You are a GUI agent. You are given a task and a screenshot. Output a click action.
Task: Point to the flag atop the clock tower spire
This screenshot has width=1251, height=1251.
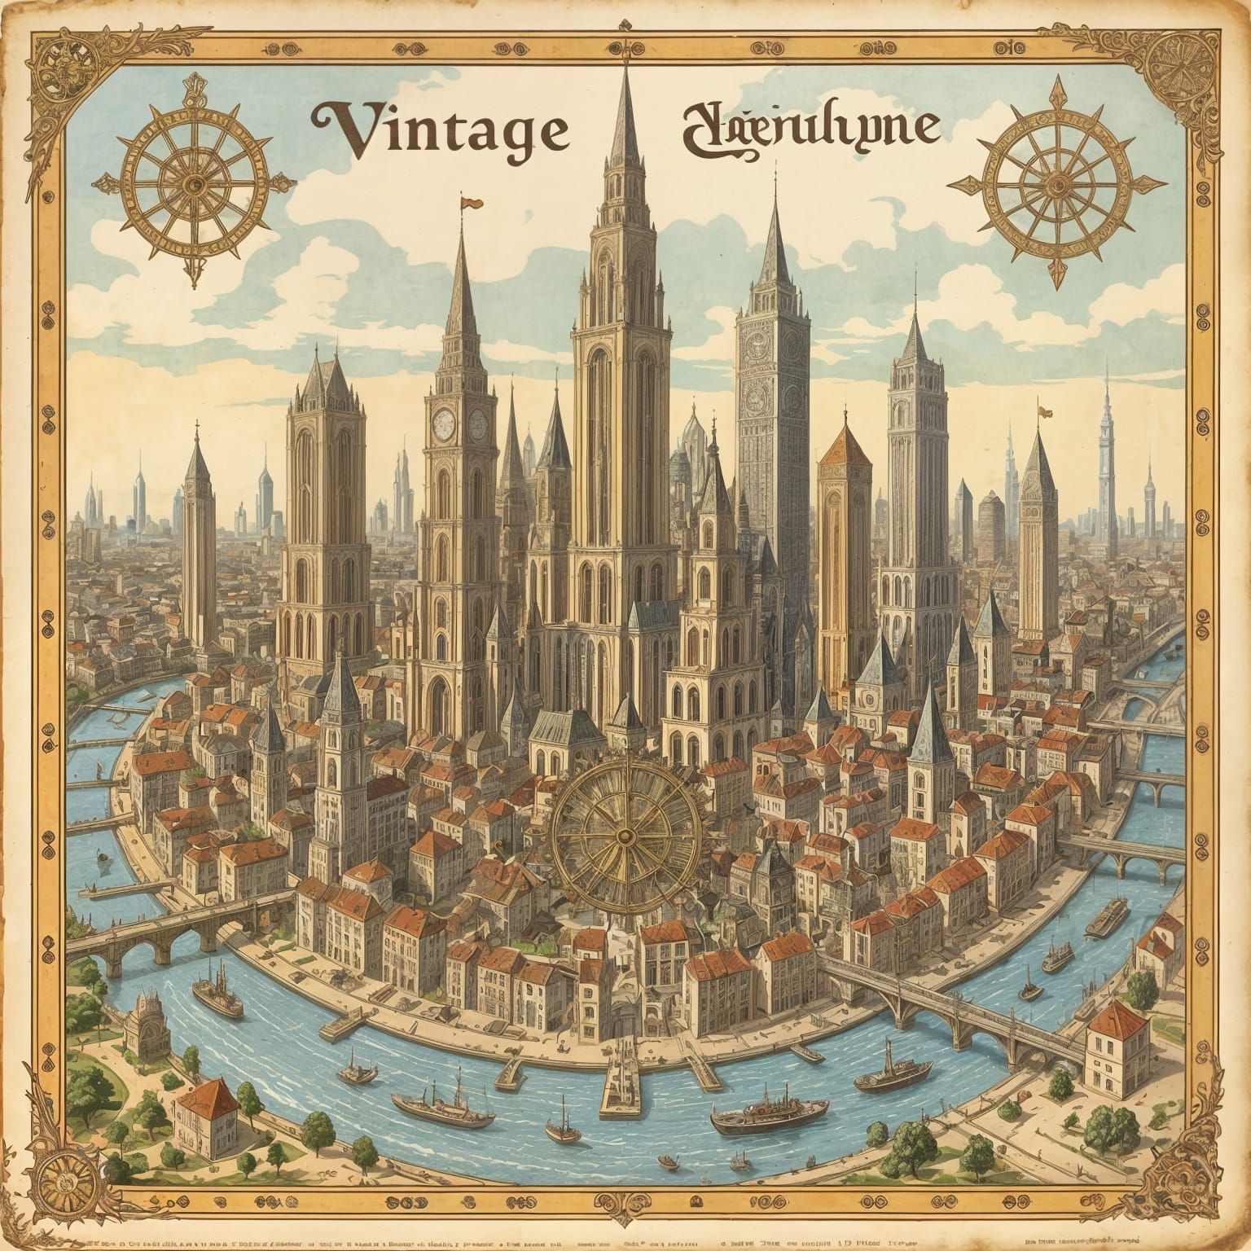pyautogui.click(x=471, y=200)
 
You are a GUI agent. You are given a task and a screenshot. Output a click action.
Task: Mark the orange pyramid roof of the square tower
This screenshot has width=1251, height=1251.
pyautogui.click(x=845, y=449)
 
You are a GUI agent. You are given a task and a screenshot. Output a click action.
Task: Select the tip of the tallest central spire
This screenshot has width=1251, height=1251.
pyautogui.click(x=625, y=61)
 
